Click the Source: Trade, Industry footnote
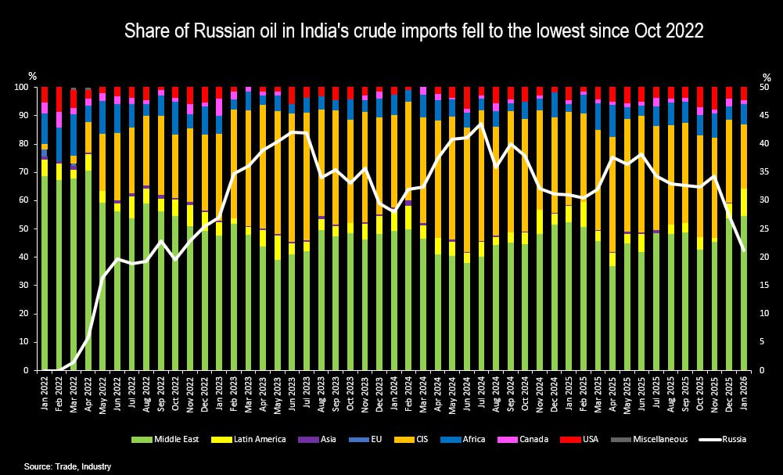tap(67, 466)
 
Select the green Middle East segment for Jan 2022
tap(45, 274)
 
